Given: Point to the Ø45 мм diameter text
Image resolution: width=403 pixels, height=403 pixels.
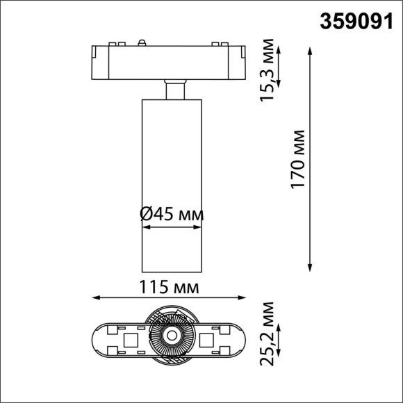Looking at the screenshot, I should tap(172, 215).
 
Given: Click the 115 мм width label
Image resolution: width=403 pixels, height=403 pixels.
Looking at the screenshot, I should tap(170, 287).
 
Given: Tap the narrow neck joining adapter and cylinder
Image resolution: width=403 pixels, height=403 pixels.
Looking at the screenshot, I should tap(174, 91).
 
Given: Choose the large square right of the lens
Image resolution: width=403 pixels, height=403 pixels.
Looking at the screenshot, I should tap(207, 340).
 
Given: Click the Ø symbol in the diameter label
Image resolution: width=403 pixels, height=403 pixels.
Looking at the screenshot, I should tap(147, 215).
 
